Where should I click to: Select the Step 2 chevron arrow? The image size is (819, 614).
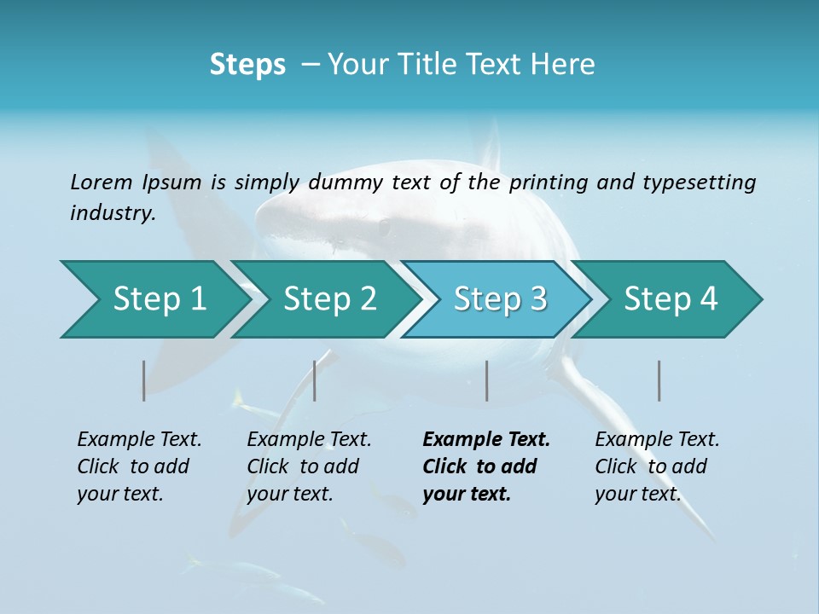[x=329, y=299]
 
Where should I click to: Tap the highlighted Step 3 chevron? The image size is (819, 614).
[x=500, y=299]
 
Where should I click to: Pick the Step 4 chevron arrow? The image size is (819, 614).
[x=671, y=299]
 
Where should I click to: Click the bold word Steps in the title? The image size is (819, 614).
[x=247, y=65]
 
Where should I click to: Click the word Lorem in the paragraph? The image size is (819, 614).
[x=102, y=182]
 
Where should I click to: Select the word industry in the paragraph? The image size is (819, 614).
[x=111, y=213]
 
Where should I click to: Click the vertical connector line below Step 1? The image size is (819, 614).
[x=144, y=380]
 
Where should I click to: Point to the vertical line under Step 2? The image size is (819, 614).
[x=315, y=380]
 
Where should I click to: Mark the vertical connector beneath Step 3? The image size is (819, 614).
[x=487, y=380]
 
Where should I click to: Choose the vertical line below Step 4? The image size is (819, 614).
[x=659, y=380]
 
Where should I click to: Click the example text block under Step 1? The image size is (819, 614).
[x=138, y=466]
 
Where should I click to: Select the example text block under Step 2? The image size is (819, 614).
[x=308, y=466]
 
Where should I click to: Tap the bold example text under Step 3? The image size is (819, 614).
[x=485, y=466]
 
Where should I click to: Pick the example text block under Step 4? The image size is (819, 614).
[x=656, y=466]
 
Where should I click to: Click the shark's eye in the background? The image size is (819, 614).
[x=384, y=228]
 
